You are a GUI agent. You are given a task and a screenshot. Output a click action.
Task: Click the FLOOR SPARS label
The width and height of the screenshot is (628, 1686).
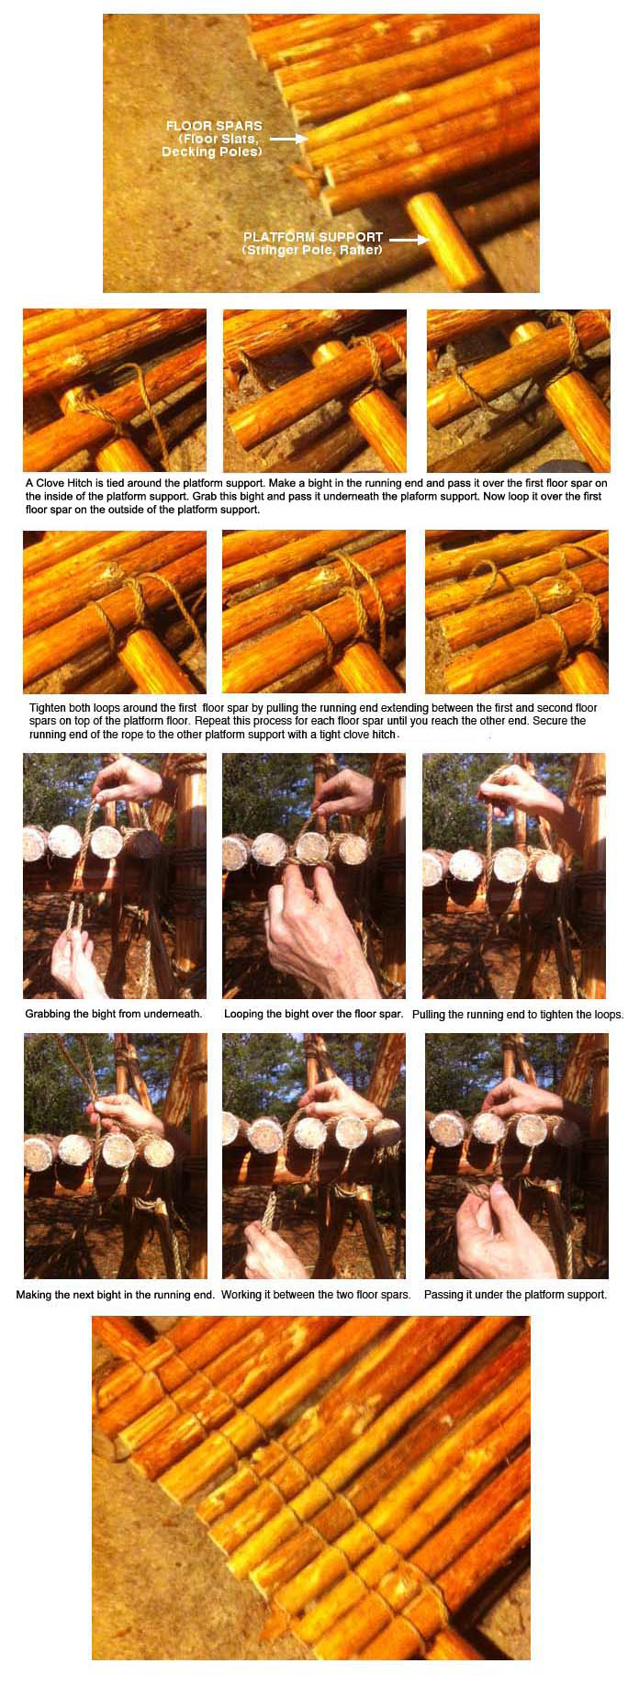point(214,126)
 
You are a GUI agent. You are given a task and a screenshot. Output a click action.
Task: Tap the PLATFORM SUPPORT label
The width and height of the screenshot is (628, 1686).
point(313,237)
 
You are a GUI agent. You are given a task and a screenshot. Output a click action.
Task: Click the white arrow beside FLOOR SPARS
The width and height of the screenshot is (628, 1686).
point(287,139)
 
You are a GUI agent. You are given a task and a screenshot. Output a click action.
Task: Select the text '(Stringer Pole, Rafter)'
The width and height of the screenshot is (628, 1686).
point(312,250)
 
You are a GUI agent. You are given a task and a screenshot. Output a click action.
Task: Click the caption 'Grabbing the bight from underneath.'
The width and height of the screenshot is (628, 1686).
point(114,1014)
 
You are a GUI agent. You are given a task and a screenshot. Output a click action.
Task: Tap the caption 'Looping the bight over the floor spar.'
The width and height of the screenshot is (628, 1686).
point(314,1014)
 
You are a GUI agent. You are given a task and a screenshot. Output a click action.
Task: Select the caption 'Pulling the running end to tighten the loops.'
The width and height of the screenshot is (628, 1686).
point(518,1015)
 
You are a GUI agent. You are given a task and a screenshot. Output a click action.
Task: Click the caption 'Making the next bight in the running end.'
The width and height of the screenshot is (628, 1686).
point(116,1295)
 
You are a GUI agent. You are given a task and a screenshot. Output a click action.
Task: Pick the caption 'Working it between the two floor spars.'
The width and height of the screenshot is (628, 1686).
point(316,1295)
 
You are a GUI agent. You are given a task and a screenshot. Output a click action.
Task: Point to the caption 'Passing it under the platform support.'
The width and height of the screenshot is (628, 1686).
point(515,1295)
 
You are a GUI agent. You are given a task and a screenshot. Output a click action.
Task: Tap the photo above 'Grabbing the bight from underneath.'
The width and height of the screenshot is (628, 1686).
point(115,876)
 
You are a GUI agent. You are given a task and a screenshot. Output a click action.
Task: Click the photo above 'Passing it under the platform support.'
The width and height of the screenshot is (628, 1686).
point(517,1156)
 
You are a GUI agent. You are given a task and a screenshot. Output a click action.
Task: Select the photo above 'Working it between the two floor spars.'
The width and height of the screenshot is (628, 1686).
point(314,1156)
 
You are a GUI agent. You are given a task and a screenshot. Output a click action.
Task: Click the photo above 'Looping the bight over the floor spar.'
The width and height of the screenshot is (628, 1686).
point(314,876)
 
